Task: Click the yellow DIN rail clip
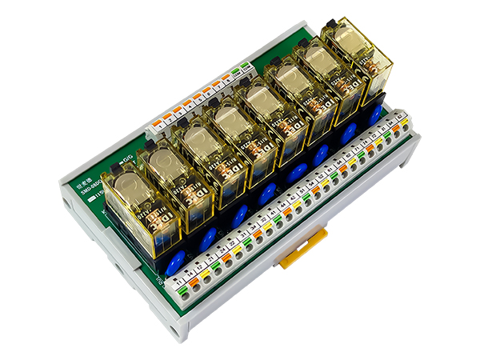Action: pyautogui.click(x=303, y=248)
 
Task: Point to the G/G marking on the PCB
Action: pyautogui.click(x=126, y=162)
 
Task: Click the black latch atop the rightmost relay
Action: pyautogui.click(x=329, y=27)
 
